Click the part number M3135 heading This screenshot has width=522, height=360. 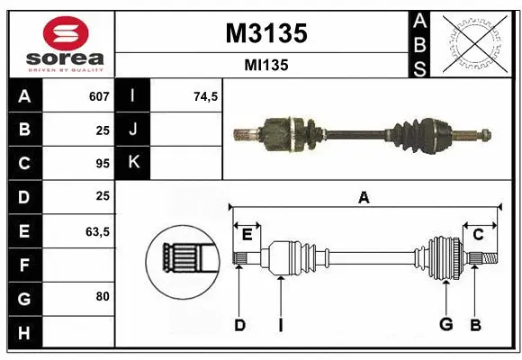pyautogui.click(x=265, y=32)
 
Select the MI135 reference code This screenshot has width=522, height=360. pyautogui.click(x=265, y=65)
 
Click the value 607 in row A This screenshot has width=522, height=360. pyautogui.click(x=99, y=96)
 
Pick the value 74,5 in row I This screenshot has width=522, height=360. pyautogui.click(x=206, y=96)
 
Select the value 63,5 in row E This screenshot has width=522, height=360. pyautogui.click(x=97, y=231)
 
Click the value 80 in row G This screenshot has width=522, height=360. pyautogui.click(x=103, y=296)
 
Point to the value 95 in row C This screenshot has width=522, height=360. pyautogui.click(x=103, y=164)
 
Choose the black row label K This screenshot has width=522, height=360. pyautogui.click(x=133, y=163)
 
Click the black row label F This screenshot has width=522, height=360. pyautogui.click(x=23, y=265)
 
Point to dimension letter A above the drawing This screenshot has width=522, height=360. pyautogui.click(x=364, y=197)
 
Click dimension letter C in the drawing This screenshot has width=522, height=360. pyautogui.click(x=479, y=234)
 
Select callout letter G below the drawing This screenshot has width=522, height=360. pyautogui.click(x=445, y=325)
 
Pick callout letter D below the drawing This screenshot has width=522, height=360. pyautogui.click(x=239, y=325)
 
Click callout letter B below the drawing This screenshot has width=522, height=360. pyautogui.click(x=475, y=325)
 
